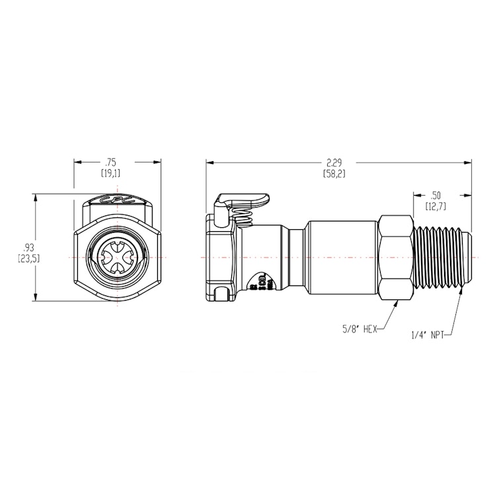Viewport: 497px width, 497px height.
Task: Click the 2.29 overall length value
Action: pyautogui.click(x=334, y=161)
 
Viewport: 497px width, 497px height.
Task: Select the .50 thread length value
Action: pyautogui.click(x=435, y=194)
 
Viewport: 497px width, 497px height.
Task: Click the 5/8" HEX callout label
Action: pyautogui.click(x=360, y=329)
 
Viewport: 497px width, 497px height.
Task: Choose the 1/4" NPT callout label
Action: pyautogui.click(x=427, y=335)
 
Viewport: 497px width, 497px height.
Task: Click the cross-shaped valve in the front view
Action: pyautogui.click(x=117, y=256)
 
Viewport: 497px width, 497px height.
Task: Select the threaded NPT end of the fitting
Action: pyautogui.click(x=441, y=256)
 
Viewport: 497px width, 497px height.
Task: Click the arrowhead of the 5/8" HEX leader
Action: pyautogui.click(x=395, y=303)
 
